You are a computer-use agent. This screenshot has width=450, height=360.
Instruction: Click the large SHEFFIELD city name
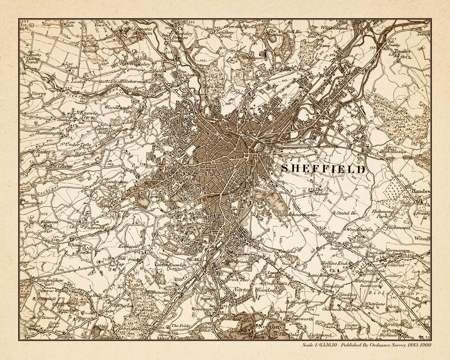pyautogui.click(x=323, y=169)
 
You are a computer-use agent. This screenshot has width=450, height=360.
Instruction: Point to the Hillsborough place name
pyautogui.click(x=135, y=81)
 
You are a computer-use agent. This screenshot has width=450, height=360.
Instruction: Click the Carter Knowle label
pyautogui.click(x=170, y=265)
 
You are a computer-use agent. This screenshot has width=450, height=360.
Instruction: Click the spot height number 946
pyautogui.click(x=60, y=270)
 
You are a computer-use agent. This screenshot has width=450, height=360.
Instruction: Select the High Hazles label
pyautogui.click(x=393, y=151)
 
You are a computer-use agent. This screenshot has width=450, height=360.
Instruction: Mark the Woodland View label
pyautogui.click(x=117, y=109)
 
